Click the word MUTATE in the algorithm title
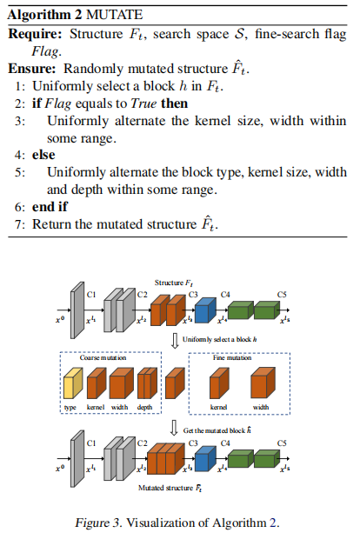pos(114,15)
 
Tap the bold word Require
pos(35,34)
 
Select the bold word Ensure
pos(31,69)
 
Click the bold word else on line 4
pos(43,155)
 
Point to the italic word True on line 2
pos(143,103)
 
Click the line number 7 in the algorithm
pos(19,224)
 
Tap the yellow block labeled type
pos(73,383)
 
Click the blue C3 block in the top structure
pos(205,310)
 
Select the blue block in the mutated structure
pos(205,458)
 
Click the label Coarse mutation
pos(103,358)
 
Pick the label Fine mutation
pos(232,358)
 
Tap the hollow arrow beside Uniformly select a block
pos(175,341)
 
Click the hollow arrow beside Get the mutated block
pos(175,428)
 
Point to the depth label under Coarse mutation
pos(144,408)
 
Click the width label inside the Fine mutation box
pos(261,407)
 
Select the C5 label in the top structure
pos(282,295)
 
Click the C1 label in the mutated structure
pos(91,443)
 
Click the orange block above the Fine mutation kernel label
pos(219,383)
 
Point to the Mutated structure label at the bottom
pos(170,489)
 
